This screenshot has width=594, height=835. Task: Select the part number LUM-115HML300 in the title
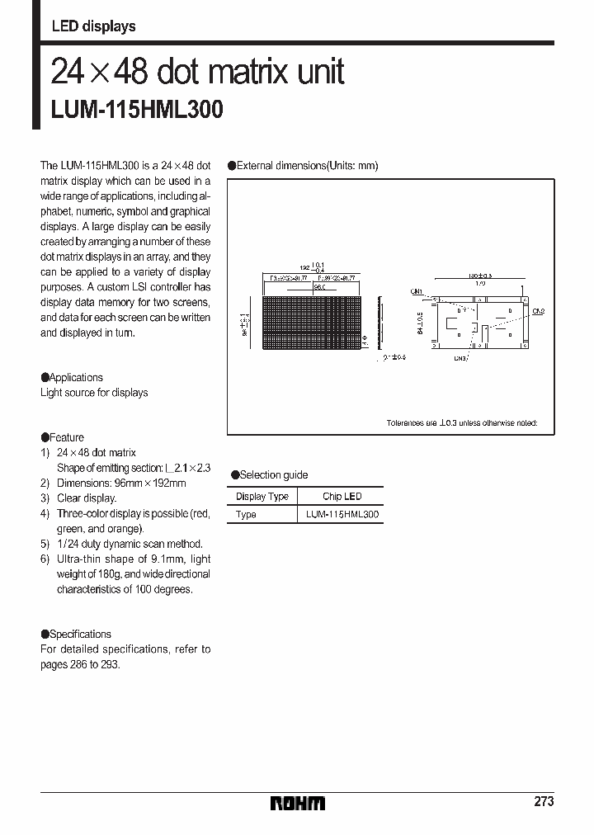(137, 110)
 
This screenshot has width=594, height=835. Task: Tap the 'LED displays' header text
(93, 26)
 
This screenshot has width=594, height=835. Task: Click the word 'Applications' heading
(76, 377)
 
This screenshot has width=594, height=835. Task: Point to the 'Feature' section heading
(66, 437)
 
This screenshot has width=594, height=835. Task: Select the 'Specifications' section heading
(80, 634)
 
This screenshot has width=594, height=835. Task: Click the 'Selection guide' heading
(273, 474)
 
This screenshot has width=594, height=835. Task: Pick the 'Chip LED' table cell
(342, 496)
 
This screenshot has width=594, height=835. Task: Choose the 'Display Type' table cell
(262, 496)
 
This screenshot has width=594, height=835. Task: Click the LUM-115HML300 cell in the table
(342, 514)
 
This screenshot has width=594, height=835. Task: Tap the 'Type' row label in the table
(246, 514)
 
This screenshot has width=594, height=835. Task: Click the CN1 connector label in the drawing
(416, 291)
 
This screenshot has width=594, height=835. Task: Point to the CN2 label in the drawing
(538, 311)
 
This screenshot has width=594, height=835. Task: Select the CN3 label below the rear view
(460, 359)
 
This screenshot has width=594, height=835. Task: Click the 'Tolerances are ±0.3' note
(461, 422)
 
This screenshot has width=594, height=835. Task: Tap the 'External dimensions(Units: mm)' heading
(307, 165)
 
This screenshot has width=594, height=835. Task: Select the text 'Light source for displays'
(94, 393)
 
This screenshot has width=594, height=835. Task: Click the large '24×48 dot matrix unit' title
(198, 73)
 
